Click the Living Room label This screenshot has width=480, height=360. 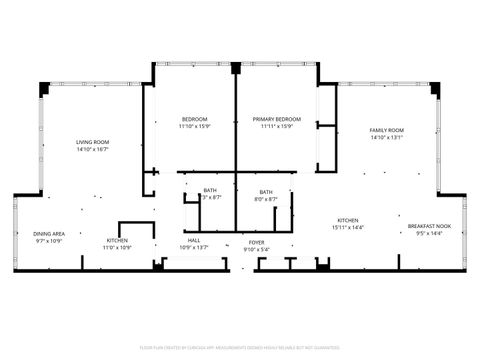coord(93,142)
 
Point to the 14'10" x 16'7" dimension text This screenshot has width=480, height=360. coord(93,150)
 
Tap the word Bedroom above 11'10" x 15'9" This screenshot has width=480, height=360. coord(194,119)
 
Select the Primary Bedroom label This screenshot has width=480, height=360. coord(277,119)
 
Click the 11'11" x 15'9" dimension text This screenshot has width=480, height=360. coord(277,127)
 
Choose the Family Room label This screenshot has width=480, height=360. coord(386,131)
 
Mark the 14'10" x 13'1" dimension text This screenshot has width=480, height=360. coord(386,139)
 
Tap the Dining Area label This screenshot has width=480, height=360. coord(49,233)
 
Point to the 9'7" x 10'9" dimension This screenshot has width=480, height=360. coord(49,241)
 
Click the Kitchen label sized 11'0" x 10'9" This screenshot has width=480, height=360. coord(118,240)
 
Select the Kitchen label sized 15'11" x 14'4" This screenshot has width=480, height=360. coord(348,220)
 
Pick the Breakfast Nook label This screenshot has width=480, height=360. coord(429,226)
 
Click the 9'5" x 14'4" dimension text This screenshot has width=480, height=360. coord(429,234)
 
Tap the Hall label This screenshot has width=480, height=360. coord(194,240)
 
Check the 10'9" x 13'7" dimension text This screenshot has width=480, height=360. coord(194,248)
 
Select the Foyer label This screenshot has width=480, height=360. coord(257,242)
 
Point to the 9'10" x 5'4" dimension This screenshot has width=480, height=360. coord(257,250)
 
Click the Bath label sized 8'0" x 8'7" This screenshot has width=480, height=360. coord(266,191)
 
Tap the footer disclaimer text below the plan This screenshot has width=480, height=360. coord(240,347)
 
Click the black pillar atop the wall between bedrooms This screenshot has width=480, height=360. coord(236,68)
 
